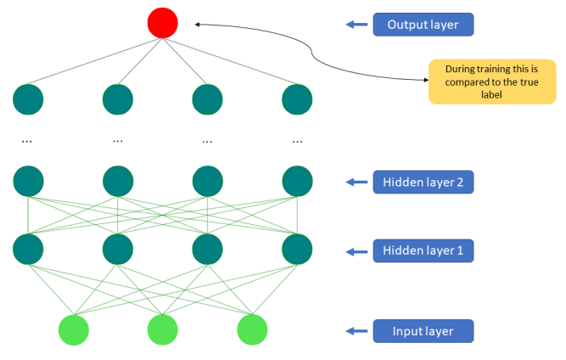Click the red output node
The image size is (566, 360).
point(163,23)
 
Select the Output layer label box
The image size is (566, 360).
point(423,25)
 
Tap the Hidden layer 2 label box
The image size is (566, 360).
point(423,182)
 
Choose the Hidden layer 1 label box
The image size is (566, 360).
point(423,251)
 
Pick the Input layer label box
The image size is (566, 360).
point(423,331)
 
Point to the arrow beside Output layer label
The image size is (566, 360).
point(356,25)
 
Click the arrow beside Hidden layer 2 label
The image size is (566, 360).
point(356,182)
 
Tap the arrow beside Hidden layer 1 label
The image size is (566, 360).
point(356,251)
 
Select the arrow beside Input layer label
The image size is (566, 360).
point(356,331)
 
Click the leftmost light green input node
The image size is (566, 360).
point(74,329)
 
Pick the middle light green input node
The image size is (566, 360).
point(163,329)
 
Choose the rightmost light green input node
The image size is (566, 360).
point(252,329)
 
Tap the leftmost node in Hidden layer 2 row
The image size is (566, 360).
point(28,181)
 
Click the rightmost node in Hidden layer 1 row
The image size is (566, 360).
point(298,250)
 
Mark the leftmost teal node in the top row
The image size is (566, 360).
point(28,99)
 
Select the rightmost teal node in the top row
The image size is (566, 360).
point(298,99)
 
